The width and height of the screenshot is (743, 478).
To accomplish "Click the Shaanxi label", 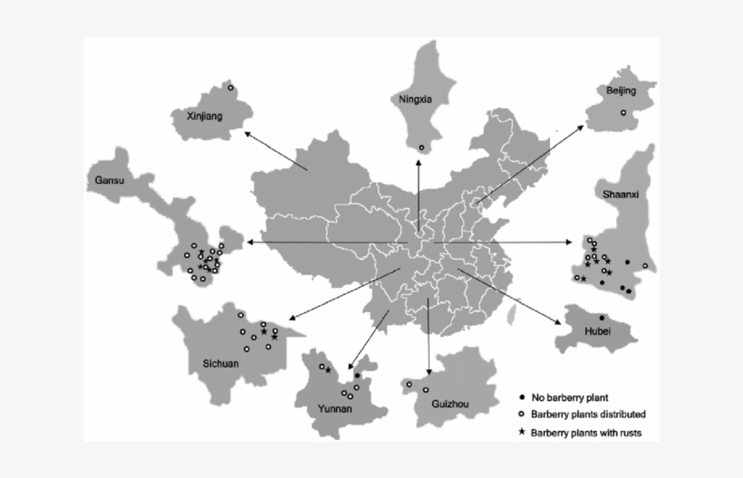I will (x=619, y=194).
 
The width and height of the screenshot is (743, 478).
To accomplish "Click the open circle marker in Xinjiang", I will (x=231, y=88).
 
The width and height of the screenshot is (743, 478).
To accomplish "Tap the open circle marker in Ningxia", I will (x=421, y=148).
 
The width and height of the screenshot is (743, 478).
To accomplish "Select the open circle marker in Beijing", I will (x=623, y=112).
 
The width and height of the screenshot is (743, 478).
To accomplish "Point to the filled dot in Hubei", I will (x=602, y=317).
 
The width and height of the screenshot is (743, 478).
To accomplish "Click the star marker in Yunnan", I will (x=328, y=368).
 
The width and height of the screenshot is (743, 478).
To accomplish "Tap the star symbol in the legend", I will (x=521, y=432).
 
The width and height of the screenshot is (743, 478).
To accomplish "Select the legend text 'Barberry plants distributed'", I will (x=588, y=415).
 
